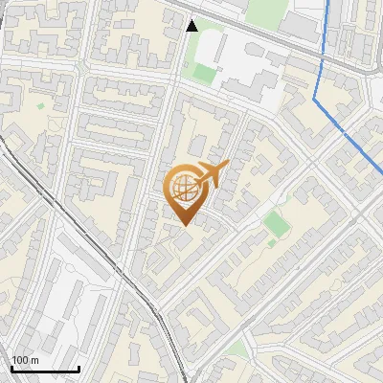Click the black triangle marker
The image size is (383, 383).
pos(193,26)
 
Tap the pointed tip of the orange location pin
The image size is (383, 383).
pos(185,223)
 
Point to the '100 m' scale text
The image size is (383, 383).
pos(25,360)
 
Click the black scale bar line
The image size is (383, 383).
pos(45,369)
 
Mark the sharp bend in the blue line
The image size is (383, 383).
pos(317,96)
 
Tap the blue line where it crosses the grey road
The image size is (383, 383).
pos(323,60)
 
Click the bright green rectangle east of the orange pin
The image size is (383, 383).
pos(276,225)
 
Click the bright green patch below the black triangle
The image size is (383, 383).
pos(204,72)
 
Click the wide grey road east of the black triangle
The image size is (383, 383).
pos(259,45)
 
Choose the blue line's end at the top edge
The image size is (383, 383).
pos(329,2)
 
